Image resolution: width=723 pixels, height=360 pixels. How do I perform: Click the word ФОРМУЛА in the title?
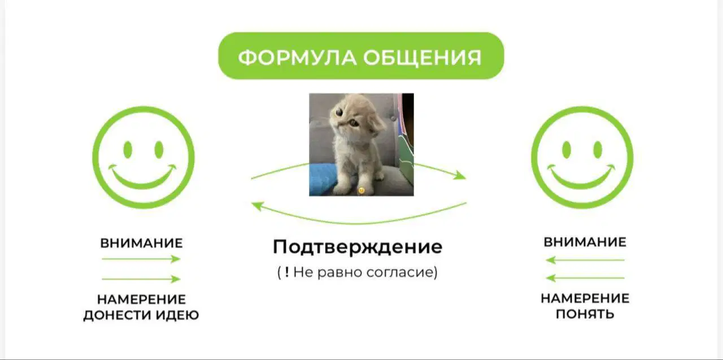point(297,58)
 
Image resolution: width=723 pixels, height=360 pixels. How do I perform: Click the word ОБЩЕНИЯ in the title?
point(422,58)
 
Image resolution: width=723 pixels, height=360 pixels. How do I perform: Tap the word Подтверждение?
point(358,247)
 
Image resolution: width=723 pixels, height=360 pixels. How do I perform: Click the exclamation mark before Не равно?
point(287,271)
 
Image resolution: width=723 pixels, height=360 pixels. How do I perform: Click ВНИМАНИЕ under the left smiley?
point(141,243)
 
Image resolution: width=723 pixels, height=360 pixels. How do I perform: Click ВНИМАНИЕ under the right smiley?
point(585,242)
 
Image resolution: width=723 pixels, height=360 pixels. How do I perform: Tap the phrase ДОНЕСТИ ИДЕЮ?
point(141,315)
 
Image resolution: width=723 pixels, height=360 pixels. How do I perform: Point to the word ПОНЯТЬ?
point(585,314)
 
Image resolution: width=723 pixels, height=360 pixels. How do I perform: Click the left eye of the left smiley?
point(128,150)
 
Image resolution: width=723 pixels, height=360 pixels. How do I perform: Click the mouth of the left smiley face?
point(142,177)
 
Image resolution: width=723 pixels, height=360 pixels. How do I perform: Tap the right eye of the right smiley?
point(598,150)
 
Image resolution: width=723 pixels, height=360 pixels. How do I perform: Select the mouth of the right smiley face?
point(581,177)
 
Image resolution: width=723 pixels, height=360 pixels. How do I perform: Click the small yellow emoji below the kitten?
point(361,190)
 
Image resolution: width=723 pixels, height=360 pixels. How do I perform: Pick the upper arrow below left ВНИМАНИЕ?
point(141,259)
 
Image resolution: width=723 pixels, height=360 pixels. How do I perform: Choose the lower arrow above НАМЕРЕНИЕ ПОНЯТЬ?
point(585,277)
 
